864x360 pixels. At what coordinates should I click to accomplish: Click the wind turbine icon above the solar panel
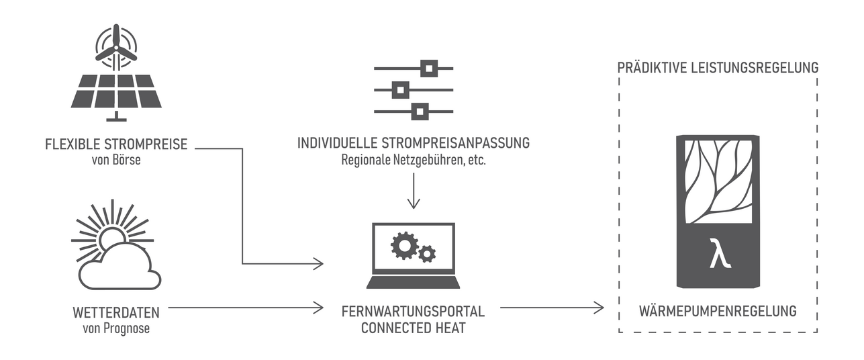tap(116, 48)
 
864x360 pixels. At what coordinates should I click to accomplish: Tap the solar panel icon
tap(116, 91)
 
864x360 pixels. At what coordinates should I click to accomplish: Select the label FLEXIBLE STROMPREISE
tap(116, 144)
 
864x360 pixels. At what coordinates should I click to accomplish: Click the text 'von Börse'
tap(116, 161)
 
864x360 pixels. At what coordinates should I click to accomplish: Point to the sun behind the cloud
tap(111, 236)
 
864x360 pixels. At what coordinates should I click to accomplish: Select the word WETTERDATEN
tap(116, 312)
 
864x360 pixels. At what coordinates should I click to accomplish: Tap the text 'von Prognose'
tap(116, 328)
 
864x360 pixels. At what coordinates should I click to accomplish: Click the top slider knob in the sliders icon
tap(428, 68)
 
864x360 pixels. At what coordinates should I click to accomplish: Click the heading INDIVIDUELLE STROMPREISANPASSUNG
tap(414, 144)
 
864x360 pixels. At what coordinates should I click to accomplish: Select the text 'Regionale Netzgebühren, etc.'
tap(414, 161)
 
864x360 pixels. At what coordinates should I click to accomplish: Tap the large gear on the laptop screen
tap(404, 246)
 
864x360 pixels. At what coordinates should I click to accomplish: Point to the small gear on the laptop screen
tap(426, 254)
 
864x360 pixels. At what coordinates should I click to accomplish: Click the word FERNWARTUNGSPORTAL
tap(413, 312)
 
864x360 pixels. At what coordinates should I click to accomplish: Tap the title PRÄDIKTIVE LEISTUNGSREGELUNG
tap(717, 68)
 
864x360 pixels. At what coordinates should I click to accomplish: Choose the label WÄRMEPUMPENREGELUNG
tap(717, 312)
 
